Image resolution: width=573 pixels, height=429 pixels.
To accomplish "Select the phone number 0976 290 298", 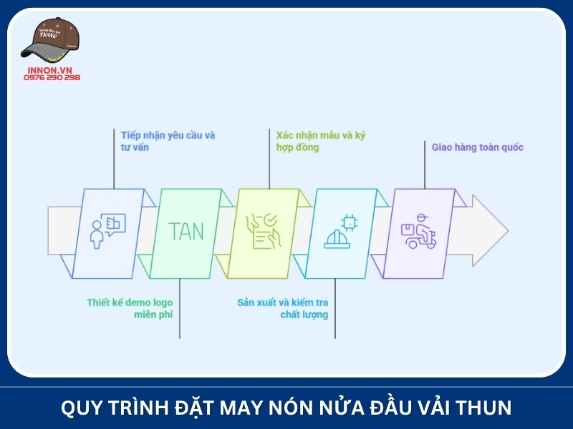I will pyautogui.click(x=52, y=77).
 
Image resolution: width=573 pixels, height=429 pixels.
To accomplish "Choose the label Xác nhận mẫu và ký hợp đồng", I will pyautogui.click(x=320, y=141).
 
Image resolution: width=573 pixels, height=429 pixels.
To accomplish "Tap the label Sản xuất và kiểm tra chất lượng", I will pyautogui.click(x=283, y=308).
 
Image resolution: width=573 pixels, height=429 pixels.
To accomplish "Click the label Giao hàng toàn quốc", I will pyautogui.click(x=477, y=147).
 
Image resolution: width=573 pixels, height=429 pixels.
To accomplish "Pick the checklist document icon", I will pyautogui.click(x=262, y=231).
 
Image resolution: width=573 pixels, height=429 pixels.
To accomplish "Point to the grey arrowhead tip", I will pyautogui.click(x=506, y=231).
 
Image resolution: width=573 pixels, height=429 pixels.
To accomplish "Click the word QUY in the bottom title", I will pyautogui.click(x=80, y=408).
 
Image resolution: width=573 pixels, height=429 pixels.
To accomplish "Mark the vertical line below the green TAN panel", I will pyautogui.click(x=180, y=307).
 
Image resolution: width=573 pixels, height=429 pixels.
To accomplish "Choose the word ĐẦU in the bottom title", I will pyautogui.click(x=373, y=408).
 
